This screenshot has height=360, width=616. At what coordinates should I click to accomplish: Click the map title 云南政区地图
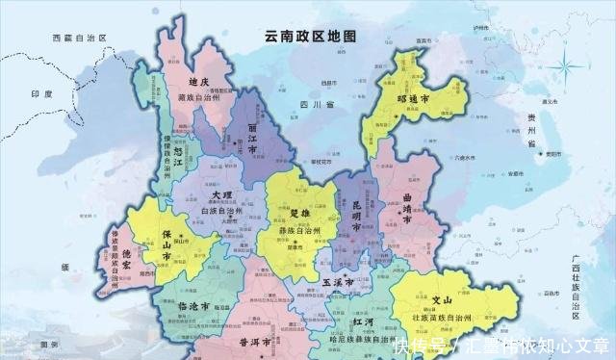(310, 36)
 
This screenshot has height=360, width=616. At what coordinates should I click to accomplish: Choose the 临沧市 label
(197, 304)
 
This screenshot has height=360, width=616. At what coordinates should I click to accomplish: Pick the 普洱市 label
(255, 341)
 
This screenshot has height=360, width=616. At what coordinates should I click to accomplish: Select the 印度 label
(40, 93)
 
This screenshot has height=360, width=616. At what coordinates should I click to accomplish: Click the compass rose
(568, 67)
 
